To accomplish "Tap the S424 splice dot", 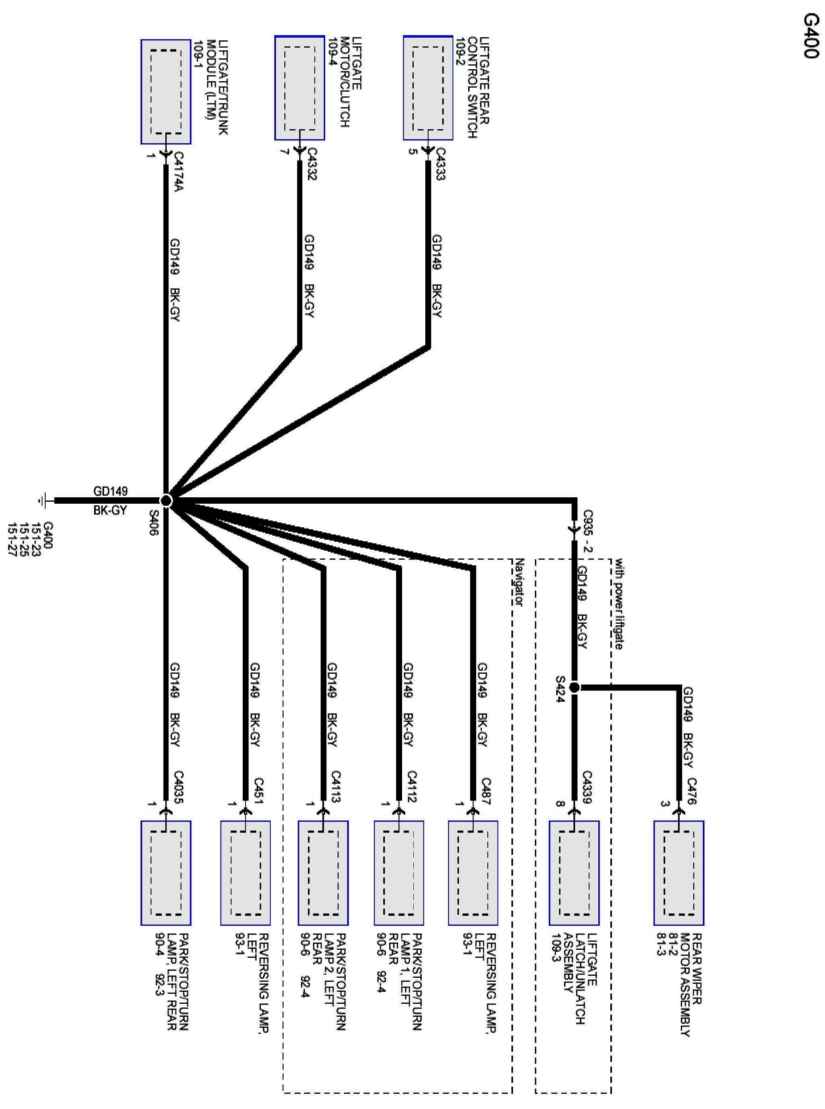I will pyautogui.click(x=574, y=687).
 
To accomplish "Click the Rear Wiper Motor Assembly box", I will pyautogui.click(x=679, y=873).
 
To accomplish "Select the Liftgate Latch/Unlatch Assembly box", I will pyautogui.click(x=574, y=873).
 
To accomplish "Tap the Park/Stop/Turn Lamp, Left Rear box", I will pyautogui.click(x=166, y=873).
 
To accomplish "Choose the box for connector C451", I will pyautogui.click(x=245, y=873).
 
